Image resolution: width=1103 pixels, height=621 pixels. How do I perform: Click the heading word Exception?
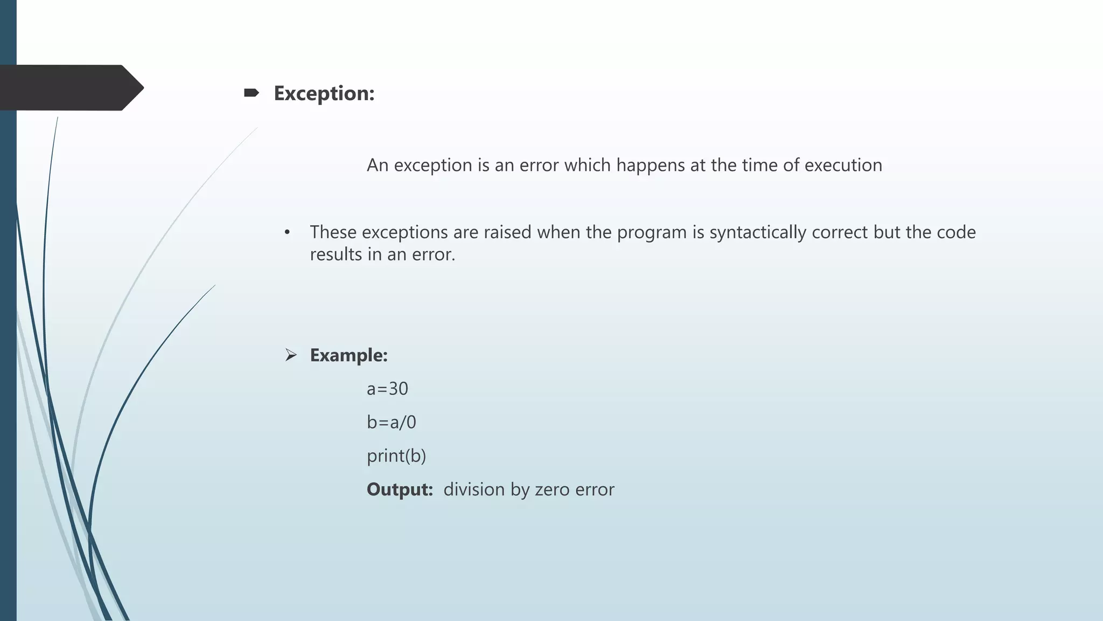(324, 93)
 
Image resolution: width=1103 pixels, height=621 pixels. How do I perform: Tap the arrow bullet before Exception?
(251, 93)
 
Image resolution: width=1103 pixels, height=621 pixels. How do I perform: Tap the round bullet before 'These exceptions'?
(288, 233)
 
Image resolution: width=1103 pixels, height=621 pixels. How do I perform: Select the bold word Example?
(348, 355)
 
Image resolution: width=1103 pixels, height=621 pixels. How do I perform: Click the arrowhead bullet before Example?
(291, 355)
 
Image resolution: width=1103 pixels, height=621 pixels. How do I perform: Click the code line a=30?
(387, 389)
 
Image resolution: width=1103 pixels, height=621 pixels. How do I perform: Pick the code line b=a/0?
(392, 422)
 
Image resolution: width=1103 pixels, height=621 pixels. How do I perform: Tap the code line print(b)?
(396, 456)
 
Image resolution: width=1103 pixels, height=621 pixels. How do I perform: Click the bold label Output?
(400, 489)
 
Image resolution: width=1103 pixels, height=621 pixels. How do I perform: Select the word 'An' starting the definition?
(378, 165)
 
